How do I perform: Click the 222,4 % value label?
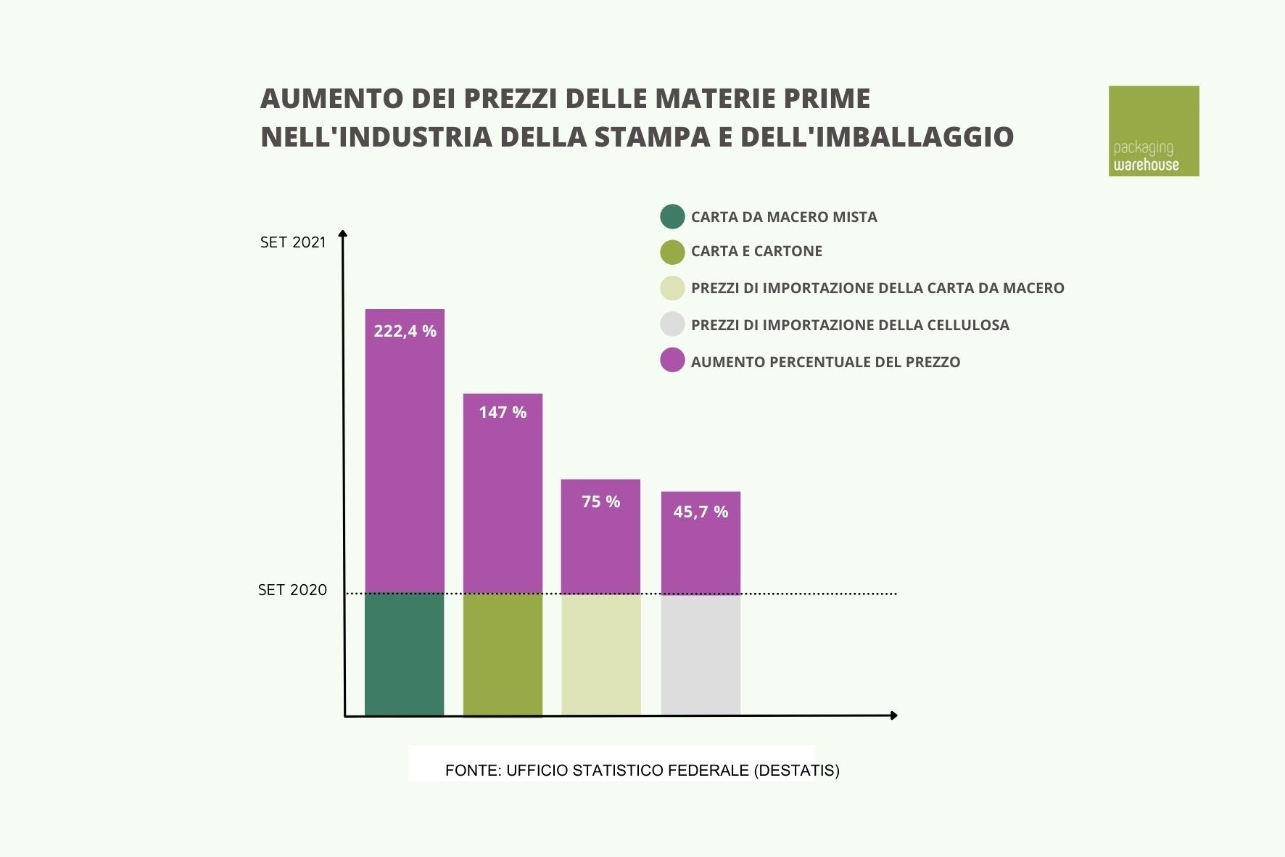tap(405, 331)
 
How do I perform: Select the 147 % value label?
tap(503, 412)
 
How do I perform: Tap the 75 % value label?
tap(600, 501)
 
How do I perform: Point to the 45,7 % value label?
tap(700, 512)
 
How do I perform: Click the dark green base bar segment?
tap(404, 655)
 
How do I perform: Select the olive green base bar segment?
tap(503, 655)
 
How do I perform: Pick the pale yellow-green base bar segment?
tap(600, 655)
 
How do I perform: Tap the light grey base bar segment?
tap(700, 655)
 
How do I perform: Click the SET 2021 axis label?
tap(293, 242)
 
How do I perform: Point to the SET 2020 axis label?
tap(292, 590)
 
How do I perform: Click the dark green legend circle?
tap(672, 216)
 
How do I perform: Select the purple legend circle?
tap(672, 361)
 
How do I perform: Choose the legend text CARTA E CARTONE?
tap(756, 251)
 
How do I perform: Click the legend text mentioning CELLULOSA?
tap(850, 325)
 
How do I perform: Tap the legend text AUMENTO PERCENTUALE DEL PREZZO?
tap(825, 362)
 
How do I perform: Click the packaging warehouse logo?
tap(1153, 131)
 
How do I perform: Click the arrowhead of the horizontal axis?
tap(893, 715)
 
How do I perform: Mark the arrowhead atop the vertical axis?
tap(344, 234)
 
